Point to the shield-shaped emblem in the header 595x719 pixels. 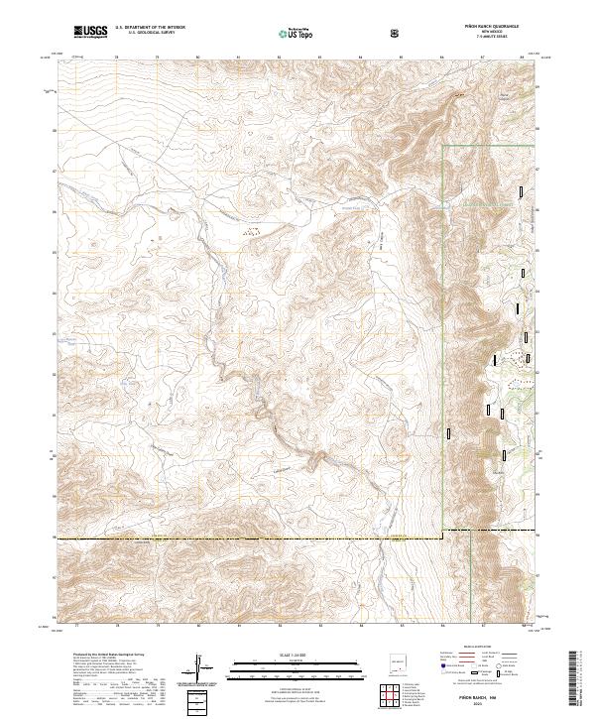397,32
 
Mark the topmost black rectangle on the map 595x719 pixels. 523,191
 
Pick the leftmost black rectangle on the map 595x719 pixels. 449,432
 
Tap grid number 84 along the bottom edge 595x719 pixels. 361,627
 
